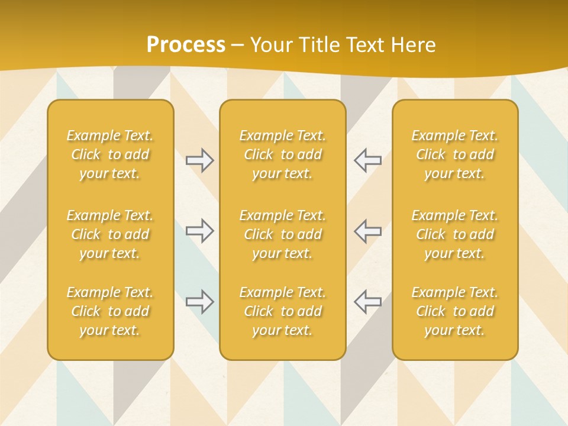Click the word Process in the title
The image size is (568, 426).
(186, 45)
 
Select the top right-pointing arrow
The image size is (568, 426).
(200, 160)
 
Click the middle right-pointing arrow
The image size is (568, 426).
(200, 231)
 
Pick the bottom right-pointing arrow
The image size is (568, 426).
(200, 302)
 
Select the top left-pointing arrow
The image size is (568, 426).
(367, 160)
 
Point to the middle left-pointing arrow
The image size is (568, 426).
(367, 231)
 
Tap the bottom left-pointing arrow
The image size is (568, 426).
(367, 302)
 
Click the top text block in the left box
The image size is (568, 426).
(110, 154)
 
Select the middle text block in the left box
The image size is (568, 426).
(110, 234)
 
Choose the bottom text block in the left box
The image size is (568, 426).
(110, 311)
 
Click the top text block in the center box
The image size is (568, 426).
(283, 154)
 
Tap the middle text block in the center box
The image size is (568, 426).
(283, 234)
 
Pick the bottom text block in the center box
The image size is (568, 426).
(283, 311)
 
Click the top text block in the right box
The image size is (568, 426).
(455, 154)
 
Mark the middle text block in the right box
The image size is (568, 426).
(455, 234)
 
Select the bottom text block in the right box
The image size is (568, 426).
(455, 311)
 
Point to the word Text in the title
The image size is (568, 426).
(366, 45)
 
